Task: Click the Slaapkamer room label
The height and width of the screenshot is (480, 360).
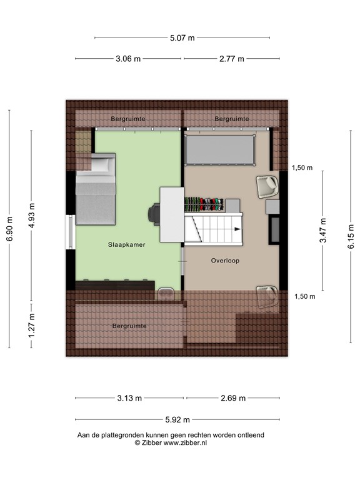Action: pos(127,245)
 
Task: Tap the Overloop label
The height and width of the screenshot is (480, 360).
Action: pos(225,261)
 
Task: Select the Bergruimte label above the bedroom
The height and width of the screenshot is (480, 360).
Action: pos(128,118)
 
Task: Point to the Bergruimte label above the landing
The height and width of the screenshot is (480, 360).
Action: pos(232,118)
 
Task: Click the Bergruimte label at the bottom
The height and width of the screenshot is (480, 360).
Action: pos(129,326)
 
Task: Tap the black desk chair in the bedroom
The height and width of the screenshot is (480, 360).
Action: pos(153,213)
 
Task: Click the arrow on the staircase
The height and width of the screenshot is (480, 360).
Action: pos(237,229)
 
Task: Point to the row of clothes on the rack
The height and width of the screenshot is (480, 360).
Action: pos(204,204)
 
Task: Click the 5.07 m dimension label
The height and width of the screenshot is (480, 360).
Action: pos(182,37)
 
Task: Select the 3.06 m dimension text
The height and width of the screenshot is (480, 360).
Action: pos(128,59)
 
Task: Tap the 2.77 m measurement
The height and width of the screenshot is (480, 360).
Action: pos(231,59)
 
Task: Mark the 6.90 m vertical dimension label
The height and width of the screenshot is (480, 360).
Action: pos(9,229)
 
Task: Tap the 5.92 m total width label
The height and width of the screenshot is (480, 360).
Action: pos(177,420)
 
